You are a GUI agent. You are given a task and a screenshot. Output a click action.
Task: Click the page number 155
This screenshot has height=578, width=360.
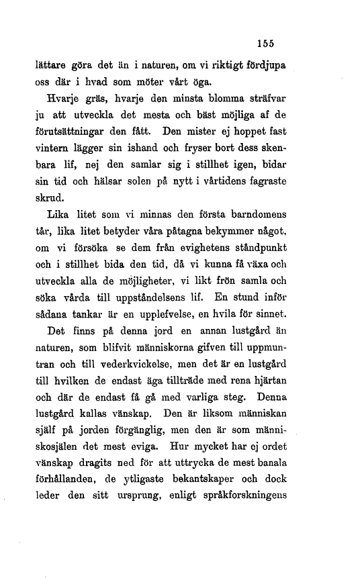click(266, 40)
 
